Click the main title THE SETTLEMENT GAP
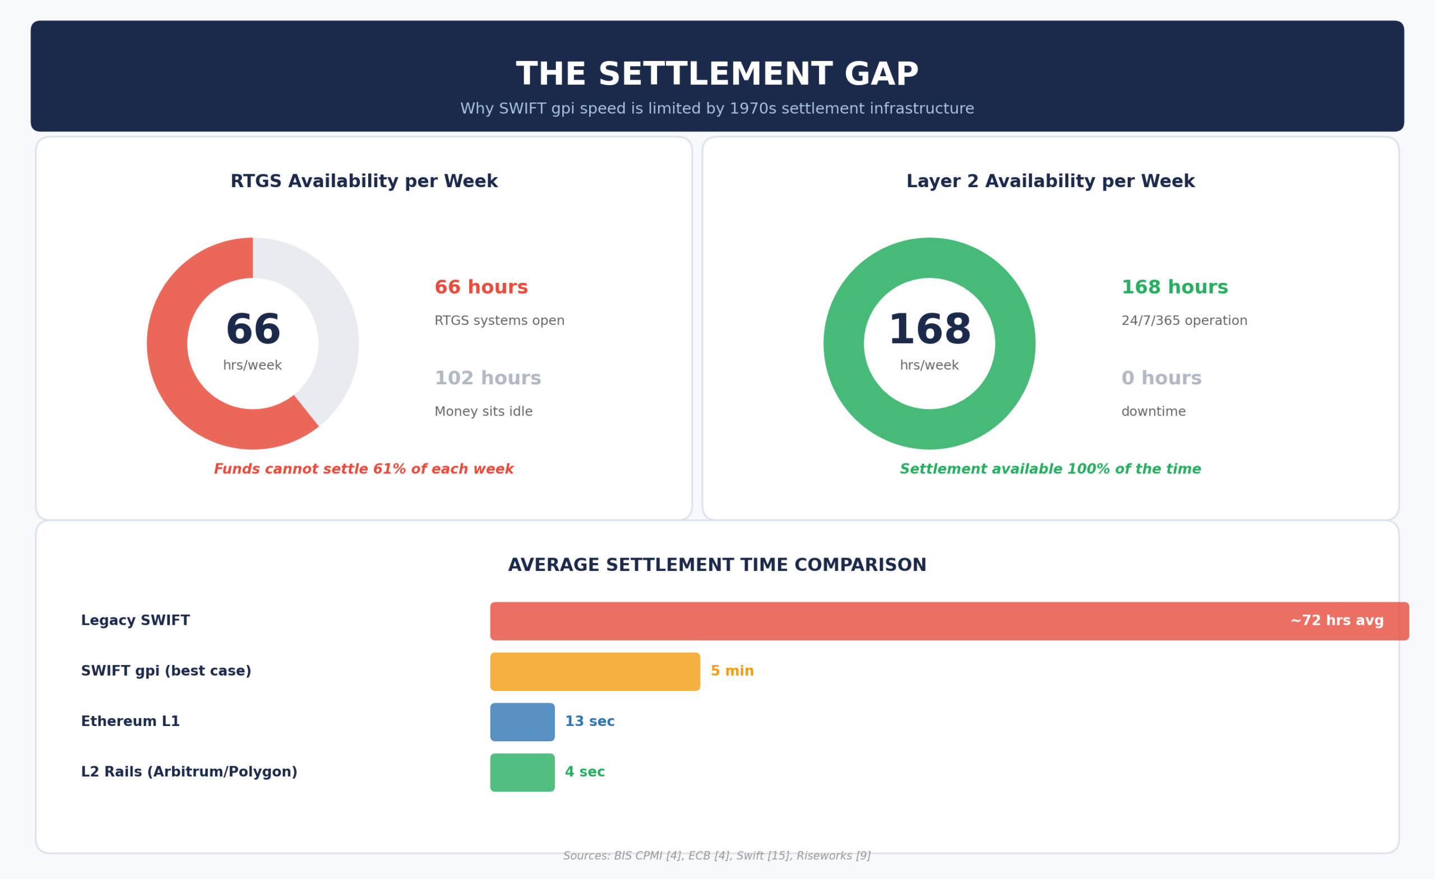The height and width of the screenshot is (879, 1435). click(x=717, y=75)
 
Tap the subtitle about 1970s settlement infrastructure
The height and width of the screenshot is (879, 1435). click(x=717, y=109)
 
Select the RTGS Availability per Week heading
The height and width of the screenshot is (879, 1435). click(x=364, y=182)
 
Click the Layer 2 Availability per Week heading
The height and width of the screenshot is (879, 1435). click(x=1050, y=182)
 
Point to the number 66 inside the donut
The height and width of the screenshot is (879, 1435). click(x=253, y=330)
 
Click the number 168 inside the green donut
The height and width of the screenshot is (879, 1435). click(x=929, y=330)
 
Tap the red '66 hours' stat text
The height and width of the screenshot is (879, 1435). click(x=481, y=287)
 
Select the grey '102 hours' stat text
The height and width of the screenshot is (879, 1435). click(x=488, y=378)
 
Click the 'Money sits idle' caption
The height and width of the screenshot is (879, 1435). click(x=483, y=412)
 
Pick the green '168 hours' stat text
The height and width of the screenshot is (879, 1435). click(x=1174, y=287)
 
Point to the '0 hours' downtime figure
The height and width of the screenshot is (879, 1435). click(x=1161, y=378)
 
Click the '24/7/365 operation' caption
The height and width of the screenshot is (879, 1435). click(x=1184, y=321)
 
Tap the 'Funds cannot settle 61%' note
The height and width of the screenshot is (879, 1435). click(x=363, y=469)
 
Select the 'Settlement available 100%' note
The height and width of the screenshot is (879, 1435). click(x=1050, y=469)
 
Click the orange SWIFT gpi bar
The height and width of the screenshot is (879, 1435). click(x=595, y=671)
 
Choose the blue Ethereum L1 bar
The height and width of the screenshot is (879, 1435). click(x=522, y=722)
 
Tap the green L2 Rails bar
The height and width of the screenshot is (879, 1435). click(x=522, y=773)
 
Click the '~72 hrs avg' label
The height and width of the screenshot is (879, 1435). click(x=1336, y=621)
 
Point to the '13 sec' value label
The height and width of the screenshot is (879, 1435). click(x=589, y=722)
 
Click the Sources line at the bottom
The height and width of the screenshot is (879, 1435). click(x=717, y=855)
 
